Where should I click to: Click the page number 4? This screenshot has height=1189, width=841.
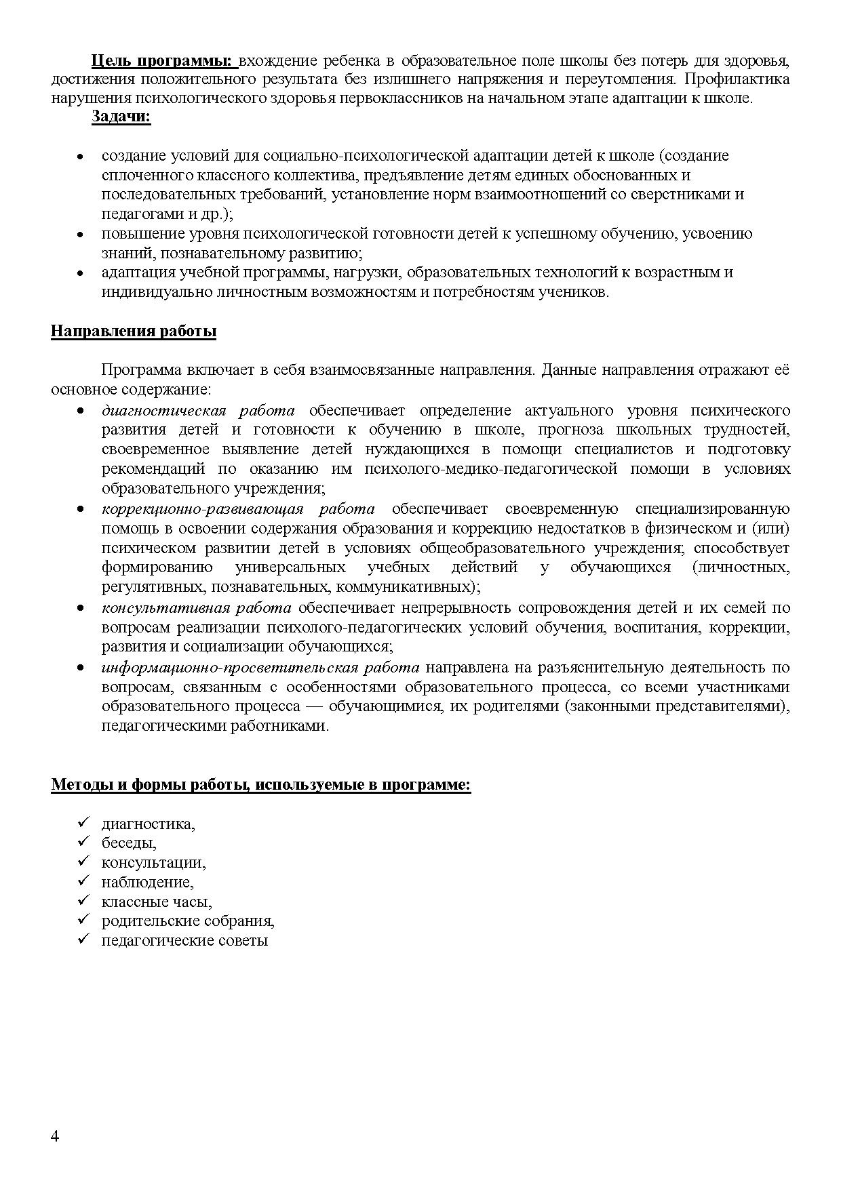(55, 1137)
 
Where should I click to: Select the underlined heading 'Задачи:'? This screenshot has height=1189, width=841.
(121, 117)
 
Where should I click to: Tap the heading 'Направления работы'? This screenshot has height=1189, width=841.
(134, 331)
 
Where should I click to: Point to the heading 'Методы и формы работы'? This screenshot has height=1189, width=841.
(260, 785)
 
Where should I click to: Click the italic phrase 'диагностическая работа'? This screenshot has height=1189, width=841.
(198, 411)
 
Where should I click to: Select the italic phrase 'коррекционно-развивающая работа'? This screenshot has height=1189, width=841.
(237, 509)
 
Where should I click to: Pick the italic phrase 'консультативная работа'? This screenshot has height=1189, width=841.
(196, 608)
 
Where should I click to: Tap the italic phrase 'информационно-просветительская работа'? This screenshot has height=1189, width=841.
(260, 668)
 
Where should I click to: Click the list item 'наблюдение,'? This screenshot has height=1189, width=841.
(147, 883)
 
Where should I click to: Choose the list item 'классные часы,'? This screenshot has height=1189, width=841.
(157, 902)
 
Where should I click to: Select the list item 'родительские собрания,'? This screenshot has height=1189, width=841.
(188, 921)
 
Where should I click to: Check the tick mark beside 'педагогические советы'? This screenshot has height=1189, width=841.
(84, 939)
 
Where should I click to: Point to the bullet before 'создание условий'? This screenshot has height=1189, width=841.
(80, 157)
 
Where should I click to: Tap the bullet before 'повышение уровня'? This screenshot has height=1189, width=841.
(80, 235)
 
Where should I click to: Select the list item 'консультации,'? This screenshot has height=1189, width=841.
(153, 863)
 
